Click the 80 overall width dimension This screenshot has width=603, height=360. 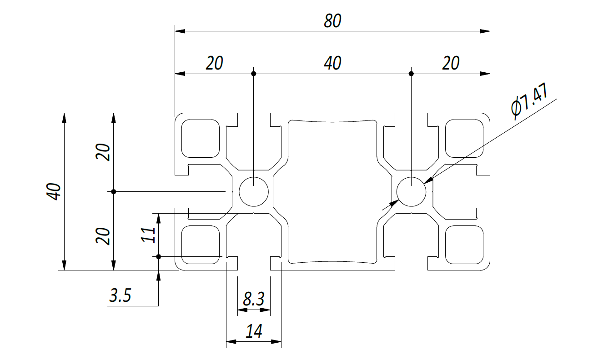pos(332,21)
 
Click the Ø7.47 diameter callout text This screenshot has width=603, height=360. pos(529,101)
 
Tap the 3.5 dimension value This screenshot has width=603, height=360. pos(120,295)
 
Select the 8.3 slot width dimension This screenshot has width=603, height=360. pos(254,299)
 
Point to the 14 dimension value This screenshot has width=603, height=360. pos(254,331)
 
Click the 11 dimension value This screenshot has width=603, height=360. pos(148,235)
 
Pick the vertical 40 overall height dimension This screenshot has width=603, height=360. pos(54,191)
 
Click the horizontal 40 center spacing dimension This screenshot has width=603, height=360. pos(332,63)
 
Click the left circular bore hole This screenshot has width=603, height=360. pos(254,191)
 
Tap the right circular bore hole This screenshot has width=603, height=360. pos(411,191)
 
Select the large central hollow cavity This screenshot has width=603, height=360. pos(332,191)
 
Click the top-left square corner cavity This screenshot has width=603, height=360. pos(201,139)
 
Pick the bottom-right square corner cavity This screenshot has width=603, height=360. pos(464,245)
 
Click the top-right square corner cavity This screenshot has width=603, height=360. pos(464,139)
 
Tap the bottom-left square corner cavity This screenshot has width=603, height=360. pos(201,245)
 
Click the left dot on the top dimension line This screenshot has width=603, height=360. pos(254,74)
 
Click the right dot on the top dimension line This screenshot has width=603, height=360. pos(411,74)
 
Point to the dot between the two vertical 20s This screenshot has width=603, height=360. pos(114,191)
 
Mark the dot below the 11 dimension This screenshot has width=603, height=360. pos(159,257)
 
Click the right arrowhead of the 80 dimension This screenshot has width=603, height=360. pos(485,31)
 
